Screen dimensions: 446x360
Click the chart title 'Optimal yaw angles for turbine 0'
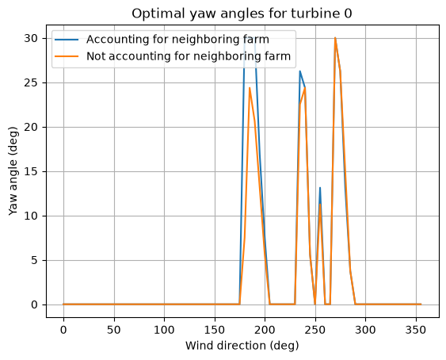[x=242, y=13]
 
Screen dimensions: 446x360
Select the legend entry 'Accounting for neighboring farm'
[x=177, y=40]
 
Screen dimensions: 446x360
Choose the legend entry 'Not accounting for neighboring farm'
[x=189, y=56]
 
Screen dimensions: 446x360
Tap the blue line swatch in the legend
[x=67, y=40]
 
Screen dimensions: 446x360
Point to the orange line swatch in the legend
[x=67, y=56]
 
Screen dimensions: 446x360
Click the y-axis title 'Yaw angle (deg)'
[x=13, y=171]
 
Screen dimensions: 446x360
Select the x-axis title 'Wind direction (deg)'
[x=242, y=346]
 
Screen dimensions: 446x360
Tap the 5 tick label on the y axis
[x=35, y=260]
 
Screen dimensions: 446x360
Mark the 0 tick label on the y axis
[x=35, y=304]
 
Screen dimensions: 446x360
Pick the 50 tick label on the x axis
[x=114, y=330]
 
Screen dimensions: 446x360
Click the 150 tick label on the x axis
[x=215, y=330]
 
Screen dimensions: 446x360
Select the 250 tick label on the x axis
[x=315, y=330]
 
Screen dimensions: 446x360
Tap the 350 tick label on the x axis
[x=416, y=330]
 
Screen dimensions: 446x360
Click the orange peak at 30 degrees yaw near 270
[x=335, y=38]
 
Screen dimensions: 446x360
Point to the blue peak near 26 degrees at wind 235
[x=299, y=71]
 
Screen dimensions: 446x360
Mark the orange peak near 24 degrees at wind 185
[x=250, y=88]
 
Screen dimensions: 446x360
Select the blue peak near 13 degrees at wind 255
[x=320, y=187]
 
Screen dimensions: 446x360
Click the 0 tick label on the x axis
[x=63, y=330]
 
